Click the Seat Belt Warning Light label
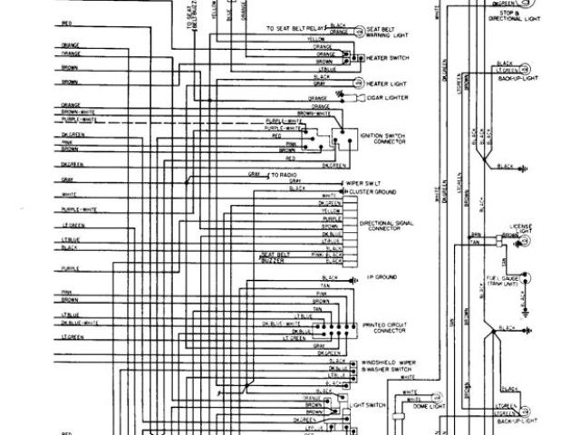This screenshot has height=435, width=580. [x=387, y=33]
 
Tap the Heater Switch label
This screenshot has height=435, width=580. [x=388, y=58]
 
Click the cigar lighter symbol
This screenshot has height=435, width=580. [x=351, y=96]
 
